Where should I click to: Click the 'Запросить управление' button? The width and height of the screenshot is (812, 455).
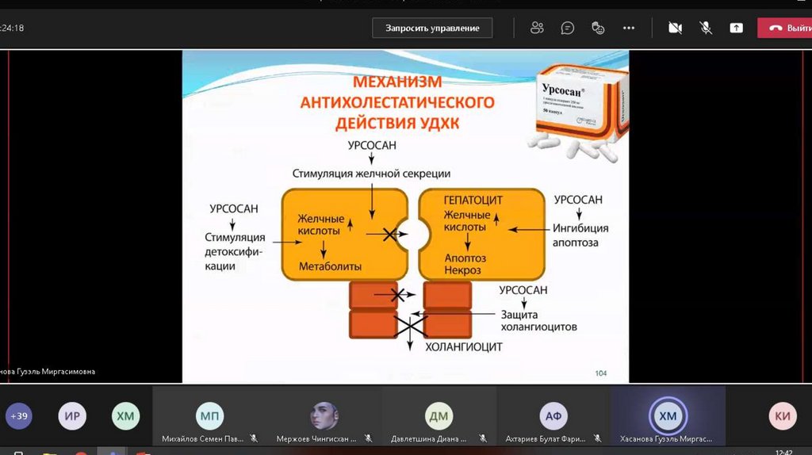point(432,29)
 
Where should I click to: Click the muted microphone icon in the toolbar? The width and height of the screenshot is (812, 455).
point(705,29)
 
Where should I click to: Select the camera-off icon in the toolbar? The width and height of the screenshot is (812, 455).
point(675,29)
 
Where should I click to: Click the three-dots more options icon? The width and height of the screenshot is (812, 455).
point(629,29)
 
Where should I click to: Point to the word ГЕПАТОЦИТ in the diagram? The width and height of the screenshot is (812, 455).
point(473,200)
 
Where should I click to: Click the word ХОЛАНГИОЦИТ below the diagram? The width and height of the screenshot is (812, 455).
point(464,347)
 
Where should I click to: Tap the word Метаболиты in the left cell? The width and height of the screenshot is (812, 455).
point(330,266)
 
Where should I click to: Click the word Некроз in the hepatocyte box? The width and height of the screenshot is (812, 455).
point(462,270)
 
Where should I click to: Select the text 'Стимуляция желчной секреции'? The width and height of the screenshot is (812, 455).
point(371,174)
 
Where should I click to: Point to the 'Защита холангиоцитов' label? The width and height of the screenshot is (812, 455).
point(538,320)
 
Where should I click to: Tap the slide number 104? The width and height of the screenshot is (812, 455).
point(600,373)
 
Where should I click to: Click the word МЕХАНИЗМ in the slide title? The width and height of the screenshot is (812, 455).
point(396,82)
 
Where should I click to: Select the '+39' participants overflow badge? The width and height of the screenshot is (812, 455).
point(19,416)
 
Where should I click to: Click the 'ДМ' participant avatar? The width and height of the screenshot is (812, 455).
point(439,416)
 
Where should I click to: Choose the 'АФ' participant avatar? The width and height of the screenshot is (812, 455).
point(553,416)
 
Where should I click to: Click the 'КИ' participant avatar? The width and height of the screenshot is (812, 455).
point(783,416)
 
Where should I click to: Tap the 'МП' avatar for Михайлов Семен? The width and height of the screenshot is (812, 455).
point(209,416)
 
